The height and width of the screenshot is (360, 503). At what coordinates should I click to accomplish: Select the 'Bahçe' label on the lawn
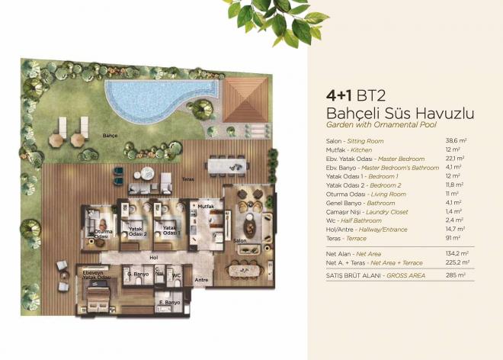coord(111,136)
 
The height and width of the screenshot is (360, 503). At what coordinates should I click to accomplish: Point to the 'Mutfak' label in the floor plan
coord(203,206)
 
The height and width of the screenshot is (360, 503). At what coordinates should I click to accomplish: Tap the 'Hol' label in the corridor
coord(152,257)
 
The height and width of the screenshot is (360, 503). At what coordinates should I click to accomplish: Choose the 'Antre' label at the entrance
coord(201,279)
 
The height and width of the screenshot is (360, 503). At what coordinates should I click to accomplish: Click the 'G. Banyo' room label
coord(136,274)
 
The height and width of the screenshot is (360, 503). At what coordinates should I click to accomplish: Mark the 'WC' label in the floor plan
coord(175,274)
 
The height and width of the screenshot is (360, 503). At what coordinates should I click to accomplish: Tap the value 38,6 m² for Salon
coord(455,141)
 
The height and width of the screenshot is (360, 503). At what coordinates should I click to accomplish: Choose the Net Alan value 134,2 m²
coord(457,252)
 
